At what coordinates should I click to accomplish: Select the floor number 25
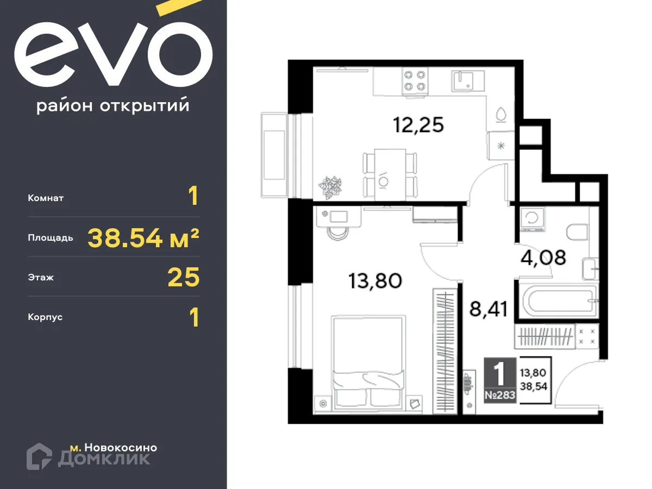coord(184,277)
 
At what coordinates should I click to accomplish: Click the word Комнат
coord(46,198)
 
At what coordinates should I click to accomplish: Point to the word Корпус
coord(45,317)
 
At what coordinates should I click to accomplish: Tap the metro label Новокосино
coord(114,448)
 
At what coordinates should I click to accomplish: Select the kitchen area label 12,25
coord(418,126)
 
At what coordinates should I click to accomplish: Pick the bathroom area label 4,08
coord(543,256)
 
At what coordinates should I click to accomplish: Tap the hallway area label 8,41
coord(487,309)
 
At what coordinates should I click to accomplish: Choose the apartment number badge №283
coord(498,396)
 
